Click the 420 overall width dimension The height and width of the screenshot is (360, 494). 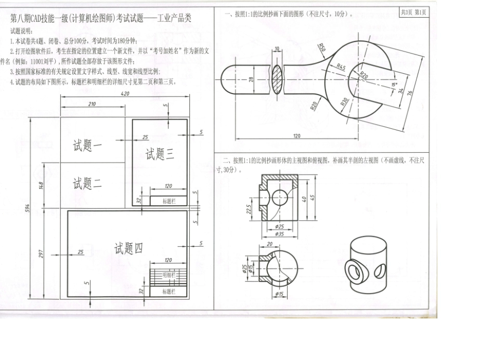point(125,94)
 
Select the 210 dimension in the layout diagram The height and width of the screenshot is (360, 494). point(92,104)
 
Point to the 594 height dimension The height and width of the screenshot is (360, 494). point(29,207)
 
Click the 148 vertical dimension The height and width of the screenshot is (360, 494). point(41,184)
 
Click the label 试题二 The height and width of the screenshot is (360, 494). point(87,183)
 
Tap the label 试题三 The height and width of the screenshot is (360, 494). point(159,154)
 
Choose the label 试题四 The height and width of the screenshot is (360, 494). point(128,249)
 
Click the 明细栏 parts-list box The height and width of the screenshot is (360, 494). point(168,274)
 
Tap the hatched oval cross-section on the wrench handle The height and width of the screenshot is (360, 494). point(277,78)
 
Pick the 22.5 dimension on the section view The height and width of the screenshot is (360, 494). point(249,208)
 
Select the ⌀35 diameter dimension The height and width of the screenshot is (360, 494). point(280,234)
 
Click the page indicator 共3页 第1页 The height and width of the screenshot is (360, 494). point(414,12)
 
